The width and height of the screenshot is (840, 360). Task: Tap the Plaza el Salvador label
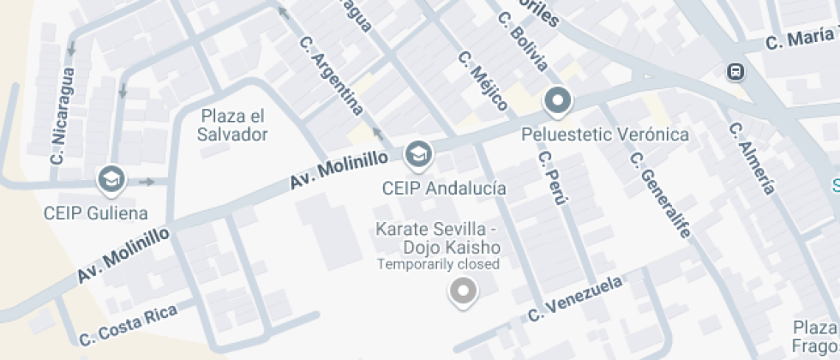(x=232, y=125)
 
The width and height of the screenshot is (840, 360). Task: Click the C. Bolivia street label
(x=527, y=48)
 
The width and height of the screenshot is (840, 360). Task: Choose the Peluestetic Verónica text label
(x=605, y=135)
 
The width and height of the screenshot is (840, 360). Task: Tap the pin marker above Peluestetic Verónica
(x=558, y=102)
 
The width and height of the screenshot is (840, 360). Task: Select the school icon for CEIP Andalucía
(x=418, y=155)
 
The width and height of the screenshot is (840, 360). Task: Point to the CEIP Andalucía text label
(x=443, y=188)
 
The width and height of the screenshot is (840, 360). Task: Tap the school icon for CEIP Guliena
(x=111, y=180)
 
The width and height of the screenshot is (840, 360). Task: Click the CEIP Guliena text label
(x=95, y=213)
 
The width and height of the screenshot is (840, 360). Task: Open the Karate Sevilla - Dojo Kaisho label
(x=438, y=238)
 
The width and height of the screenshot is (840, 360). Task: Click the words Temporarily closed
(x=438, y=264)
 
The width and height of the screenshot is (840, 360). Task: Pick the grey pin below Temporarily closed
(x=463, y=292)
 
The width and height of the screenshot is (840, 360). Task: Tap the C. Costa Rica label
(x=128, y=326)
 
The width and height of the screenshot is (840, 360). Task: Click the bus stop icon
(x=735, y=71)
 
